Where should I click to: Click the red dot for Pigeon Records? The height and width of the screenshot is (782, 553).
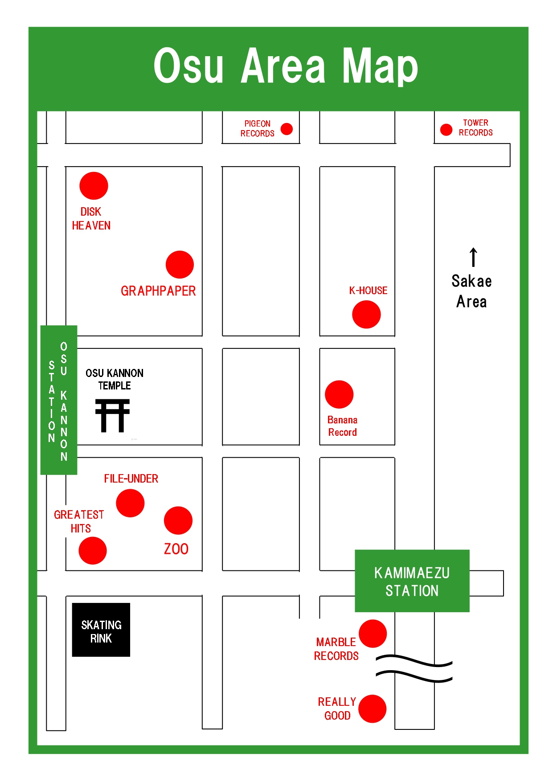pyautogui.click(x=287, y=129)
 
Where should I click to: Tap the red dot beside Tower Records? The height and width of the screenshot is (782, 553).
pyautogui.click(x=446, y=130)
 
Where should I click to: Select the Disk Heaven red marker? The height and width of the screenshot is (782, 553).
pyautogui.click(x=94, y=186)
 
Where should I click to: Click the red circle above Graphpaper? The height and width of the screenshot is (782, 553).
pyautogui.click(x=180, y=265)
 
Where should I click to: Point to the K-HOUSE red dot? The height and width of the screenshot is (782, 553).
pyautogui.click(x=366, y=315)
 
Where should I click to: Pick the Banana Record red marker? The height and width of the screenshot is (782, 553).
pyautogui.click(x=339, y=394)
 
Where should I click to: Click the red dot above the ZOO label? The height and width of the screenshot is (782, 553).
pyautogui.click(x=178, y=520)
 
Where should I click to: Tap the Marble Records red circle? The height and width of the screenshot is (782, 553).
pyautogui.click(x=373, y=634)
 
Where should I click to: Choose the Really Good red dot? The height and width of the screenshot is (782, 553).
pyautogui.click(x=372, y=709)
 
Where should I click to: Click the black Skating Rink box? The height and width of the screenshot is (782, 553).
pyautogui.click(x=101, y=630)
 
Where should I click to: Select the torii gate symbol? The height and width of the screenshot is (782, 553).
pyautogui.click(x=112, y=416)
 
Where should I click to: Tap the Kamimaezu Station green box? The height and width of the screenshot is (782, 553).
pyautogui.click(x=412, y=581)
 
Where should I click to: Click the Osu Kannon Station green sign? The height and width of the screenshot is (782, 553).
pyautogui.click(x=59, y=400)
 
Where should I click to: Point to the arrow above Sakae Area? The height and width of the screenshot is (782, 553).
pyautogui.click(x=473, y=257)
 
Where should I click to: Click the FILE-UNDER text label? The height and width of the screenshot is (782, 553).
pyautogui.click(x=131, y=479)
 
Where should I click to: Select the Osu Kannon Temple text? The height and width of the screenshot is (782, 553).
pyautogui.click(x=115, y=379)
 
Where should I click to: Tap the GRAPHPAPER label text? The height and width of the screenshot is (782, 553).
pyautogui.click(x=158, y=291)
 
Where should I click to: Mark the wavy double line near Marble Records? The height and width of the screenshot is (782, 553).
pyautogui.click(x=414, y=669)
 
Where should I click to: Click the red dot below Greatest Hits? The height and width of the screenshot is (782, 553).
pyautogui.click(x=93, y=551)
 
